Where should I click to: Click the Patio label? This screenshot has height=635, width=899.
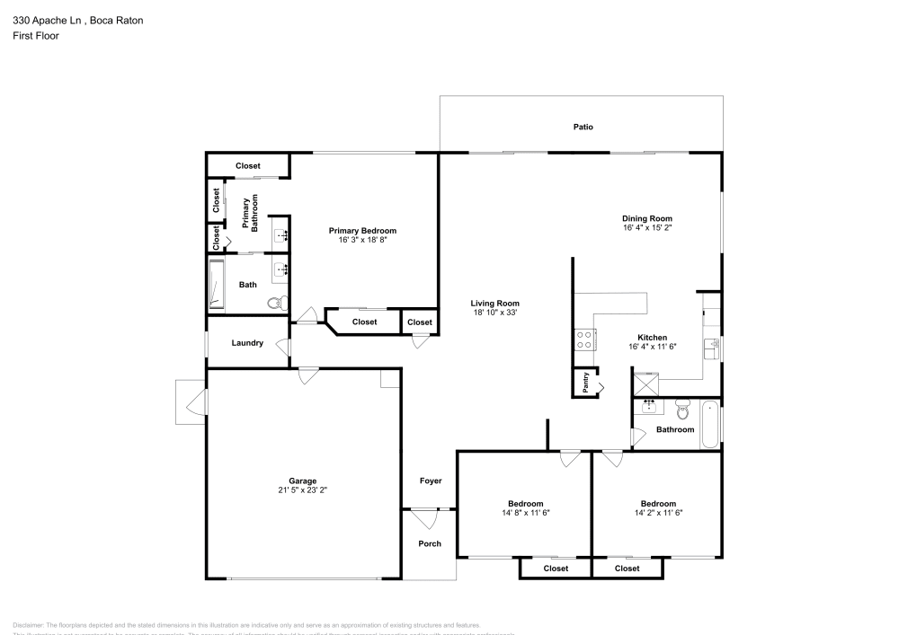pos(583,128)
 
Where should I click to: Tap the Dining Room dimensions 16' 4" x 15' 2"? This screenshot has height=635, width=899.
pos(647,228)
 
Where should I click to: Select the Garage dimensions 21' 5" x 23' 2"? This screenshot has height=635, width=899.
pos(302,490)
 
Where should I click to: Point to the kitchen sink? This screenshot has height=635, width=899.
pos(712,345)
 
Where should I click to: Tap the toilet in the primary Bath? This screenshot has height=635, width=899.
pos(277,303)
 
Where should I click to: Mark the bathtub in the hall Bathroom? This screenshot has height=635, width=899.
pos(710,424)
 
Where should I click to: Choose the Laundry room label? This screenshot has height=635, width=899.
pos(247,343)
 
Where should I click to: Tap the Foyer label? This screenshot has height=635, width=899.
pos(431,481)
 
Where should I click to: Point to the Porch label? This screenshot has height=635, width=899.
pos(431,543)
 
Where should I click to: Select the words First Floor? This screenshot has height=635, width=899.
pos(36,36)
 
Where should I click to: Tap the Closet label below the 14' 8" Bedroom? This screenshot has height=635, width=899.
pos(556,569)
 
